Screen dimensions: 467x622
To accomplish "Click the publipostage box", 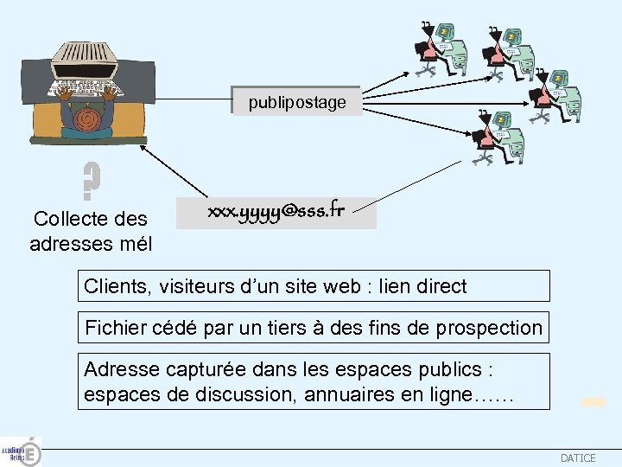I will [296, 102].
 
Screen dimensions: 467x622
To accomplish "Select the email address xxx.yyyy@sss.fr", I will [276, 211].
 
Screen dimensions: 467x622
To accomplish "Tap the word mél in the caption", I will [135, 245].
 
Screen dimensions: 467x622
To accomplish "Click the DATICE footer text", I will [578, 457].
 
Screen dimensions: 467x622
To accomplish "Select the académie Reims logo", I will [21, 451].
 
